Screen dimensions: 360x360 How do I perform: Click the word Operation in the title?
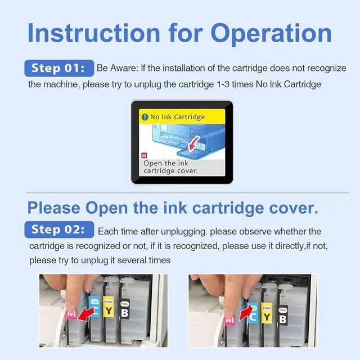(271, 34)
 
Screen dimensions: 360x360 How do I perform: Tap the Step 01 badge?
(59, 68)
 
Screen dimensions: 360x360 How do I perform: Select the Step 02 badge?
(59, 229)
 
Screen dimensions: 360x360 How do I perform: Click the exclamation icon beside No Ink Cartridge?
(145, 117)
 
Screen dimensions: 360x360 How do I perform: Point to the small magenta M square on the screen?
(144, 155)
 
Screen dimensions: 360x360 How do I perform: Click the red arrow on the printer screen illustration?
(193, 144)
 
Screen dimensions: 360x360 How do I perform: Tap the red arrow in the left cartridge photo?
(86, 314)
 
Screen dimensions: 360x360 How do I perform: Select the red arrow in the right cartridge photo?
(246, 313)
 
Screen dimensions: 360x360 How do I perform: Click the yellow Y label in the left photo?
(109, 307)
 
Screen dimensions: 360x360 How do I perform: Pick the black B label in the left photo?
(125, 309)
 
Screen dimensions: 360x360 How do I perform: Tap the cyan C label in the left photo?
(94, 307)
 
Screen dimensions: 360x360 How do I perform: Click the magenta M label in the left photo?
(71, 314)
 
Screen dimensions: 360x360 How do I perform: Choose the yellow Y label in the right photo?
(267, 313)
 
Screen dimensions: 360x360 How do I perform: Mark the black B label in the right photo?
(282, 315)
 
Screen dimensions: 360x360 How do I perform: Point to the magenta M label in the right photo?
(229, 320)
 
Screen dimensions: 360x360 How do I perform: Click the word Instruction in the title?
(94, 33)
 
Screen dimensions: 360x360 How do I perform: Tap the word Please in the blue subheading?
(54, 208)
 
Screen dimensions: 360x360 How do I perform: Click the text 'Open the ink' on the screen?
(166, 163)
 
